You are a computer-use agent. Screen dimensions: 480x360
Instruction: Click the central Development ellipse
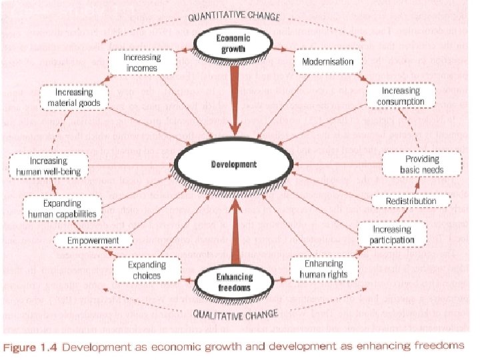[234, 164]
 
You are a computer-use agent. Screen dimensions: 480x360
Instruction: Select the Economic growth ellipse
[233, 43]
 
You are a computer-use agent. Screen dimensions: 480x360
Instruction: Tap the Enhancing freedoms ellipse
[233, 283]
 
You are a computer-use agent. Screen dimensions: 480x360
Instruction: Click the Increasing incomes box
[143, 63]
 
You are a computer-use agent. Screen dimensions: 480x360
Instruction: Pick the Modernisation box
[328, 61]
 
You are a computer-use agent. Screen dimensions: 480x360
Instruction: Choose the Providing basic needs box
[421, 165]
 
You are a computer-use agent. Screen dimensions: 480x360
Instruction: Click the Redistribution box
[411, 201]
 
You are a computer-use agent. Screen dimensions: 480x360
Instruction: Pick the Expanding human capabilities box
[62, 208]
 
